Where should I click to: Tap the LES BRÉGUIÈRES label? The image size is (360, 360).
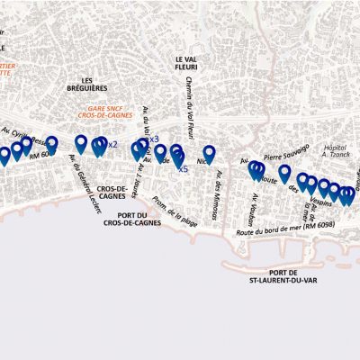[x=87, y=85]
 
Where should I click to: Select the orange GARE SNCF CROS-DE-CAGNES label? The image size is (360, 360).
[x=105, y=112]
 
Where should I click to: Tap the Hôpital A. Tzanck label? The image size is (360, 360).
[x=335, y=149]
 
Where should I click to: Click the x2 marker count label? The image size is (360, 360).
[x=112, y=145]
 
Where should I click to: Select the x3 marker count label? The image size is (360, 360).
[x=154, y=139]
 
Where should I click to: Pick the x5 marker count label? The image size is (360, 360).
[x=183, y=169]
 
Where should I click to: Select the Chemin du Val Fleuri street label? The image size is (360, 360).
[x=191, y=103]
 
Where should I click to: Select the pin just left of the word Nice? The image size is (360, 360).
[x=209, y=154]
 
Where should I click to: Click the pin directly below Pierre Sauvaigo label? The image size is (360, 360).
[x=285, y=173]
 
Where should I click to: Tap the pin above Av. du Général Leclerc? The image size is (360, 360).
[x=81, y=143]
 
